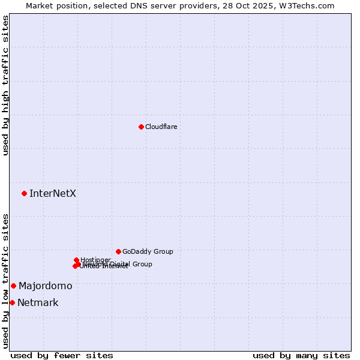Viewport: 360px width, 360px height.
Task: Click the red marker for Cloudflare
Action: [141, 127]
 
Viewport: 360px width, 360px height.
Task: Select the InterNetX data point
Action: [24, 193]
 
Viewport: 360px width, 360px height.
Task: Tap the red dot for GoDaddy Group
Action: [118, 251]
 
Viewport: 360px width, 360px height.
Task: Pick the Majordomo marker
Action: [13, 286]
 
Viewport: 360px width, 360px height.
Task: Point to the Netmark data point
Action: [12, 302]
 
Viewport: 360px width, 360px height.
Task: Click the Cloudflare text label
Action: [161, 127]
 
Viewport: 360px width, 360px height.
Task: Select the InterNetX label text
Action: [53, 193]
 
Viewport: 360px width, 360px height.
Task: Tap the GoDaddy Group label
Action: [148, 251]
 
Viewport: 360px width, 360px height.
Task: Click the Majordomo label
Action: [45, 286]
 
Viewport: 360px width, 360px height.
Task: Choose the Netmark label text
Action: [38, 302]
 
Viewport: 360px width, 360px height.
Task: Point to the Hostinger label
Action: [95, 260]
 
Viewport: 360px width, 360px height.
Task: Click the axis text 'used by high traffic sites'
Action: [5, 85]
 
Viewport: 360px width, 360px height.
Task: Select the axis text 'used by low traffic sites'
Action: [5, 281]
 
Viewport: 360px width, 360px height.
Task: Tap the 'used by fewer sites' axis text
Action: [62, 355]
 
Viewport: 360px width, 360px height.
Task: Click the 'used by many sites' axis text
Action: [301, 355]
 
